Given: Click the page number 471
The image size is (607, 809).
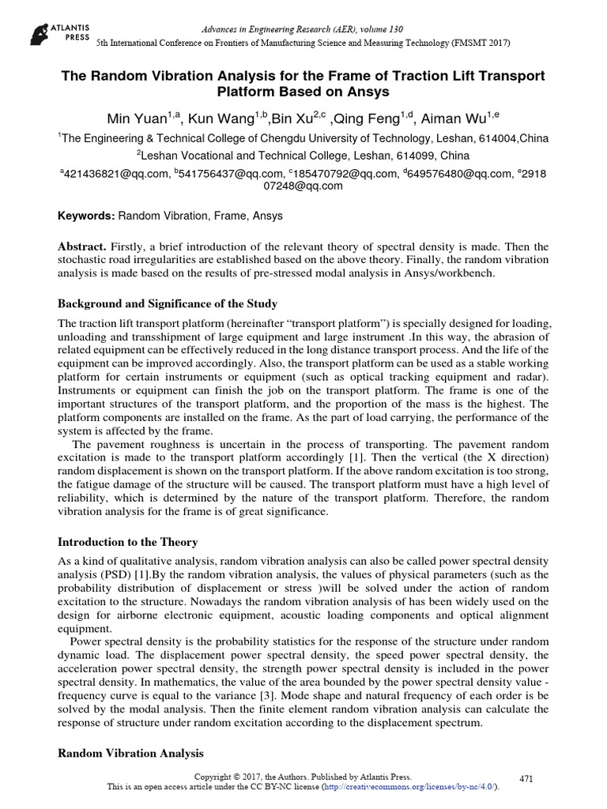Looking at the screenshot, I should click(x=526, y=778).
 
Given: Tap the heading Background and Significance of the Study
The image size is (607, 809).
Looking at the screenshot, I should click(x=168, y=304).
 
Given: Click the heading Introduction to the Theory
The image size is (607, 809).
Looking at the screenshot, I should click(x=128, y=542).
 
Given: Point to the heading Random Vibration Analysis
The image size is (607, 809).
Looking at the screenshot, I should click(x=131, y=753).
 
